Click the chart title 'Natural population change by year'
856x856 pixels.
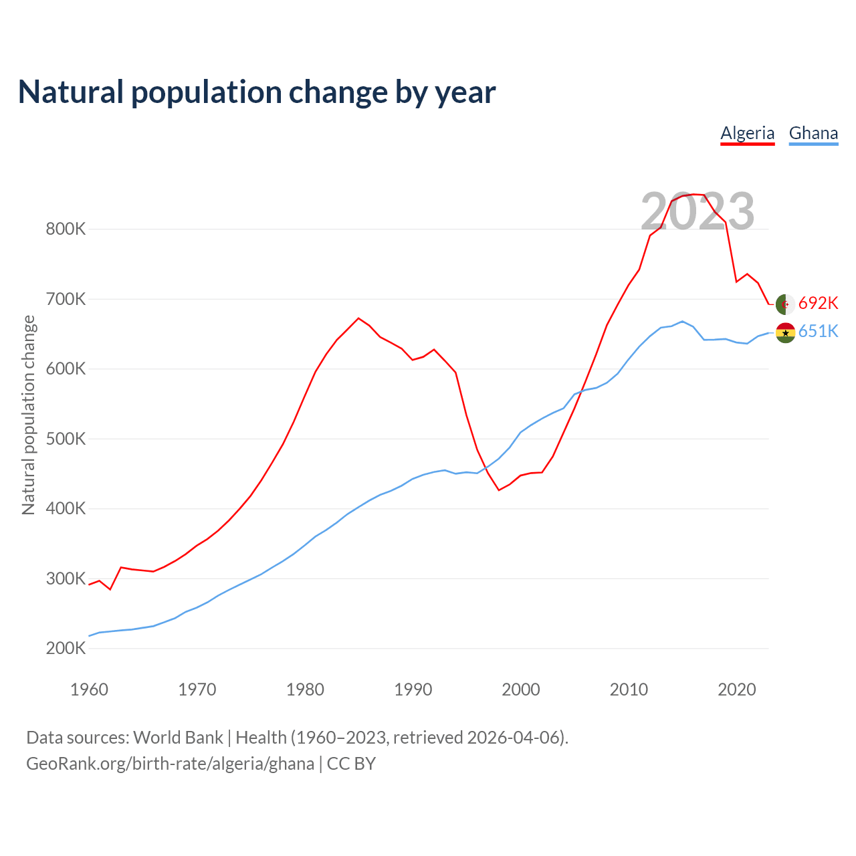(x=257, y=92)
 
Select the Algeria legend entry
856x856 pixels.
(x=747, y=133)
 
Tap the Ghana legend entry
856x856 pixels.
(x=813, y=133)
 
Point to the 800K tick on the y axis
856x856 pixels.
(x=66, y=229)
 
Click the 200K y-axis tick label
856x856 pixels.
(x=66, y=649)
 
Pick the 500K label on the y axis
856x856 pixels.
(x=66, y=439)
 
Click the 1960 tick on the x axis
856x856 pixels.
(x=89, y=689)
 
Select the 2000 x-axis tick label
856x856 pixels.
(x=521, y=689)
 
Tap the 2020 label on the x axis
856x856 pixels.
(x=736, y=689)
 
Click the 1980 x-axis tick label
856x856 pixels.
(x=305, y=689)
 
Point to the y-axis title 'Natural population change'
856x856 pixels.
(x=29, y=415)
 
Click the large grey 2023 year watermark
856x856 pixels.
(x=698, y=211)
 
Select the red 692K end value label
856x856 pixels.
(x=818, y=304)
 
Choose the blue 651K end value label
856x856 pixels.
(x=818, y=332)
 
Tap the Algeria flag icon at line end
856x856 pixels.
(x=785, y=304)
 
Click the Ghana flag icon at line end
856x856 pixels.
(x=785, y=332)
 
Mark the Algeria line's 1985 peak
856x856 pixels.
(x=358, y=318)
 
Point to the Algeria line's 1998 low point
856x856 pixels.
(x=499, y=490)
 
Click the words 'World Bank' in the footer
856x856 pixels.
(x=178, y=738)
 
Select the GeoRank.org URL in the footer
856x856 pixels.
(x=170, y=764)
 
